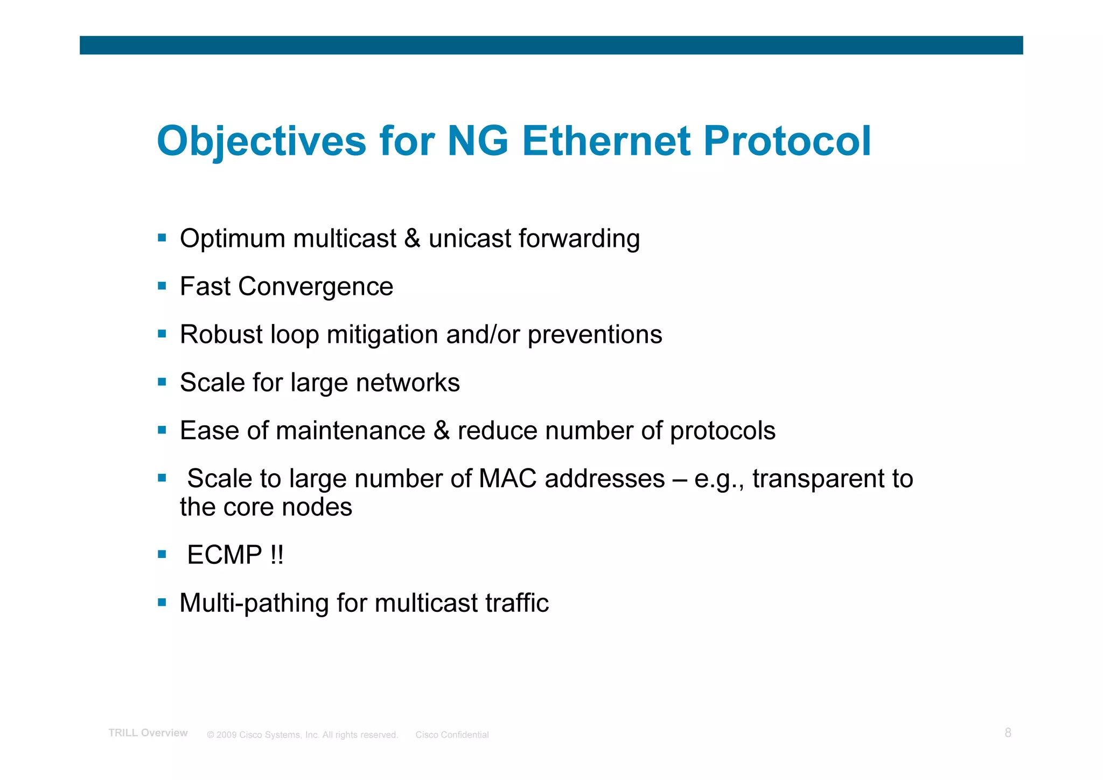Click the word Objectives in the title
click(262, 141)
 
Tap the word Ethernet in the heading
click(606, 141)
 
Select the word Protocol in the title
click(787, 141)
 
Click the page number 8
click(1008, 733)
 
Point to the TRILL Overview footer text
click(148, 733)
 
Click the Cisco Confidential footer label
click(452, 735)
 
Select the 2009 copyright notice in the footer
click(302, 735)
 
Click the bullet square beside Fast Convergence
click(162, 286)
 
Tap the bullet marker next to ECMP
click(162, 554)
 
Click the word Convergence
click(316, 287)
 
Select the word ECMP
click(225, 555)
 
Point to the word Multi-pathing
click(254, 603)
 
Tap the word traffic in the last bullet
click(517, 603)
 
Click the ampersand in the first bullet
click(412, 239)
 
